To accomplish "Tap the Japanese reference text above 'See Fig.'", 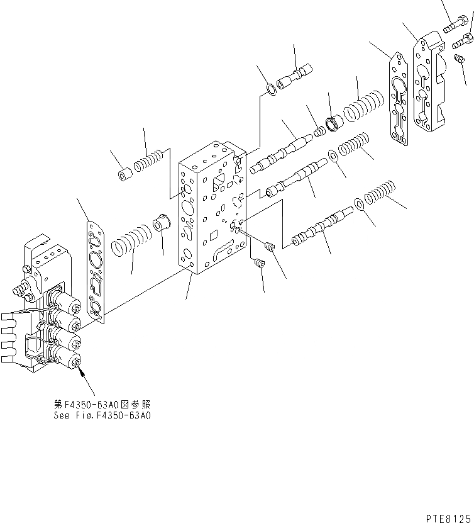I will [x=102, y=405].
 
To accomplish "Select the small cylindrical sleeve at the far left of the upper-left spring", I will [x=124, y=172].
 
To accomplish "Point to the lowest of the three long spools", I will [x=321, y=228].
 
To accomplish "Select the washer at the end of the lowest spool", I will [x=358, y=204].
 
